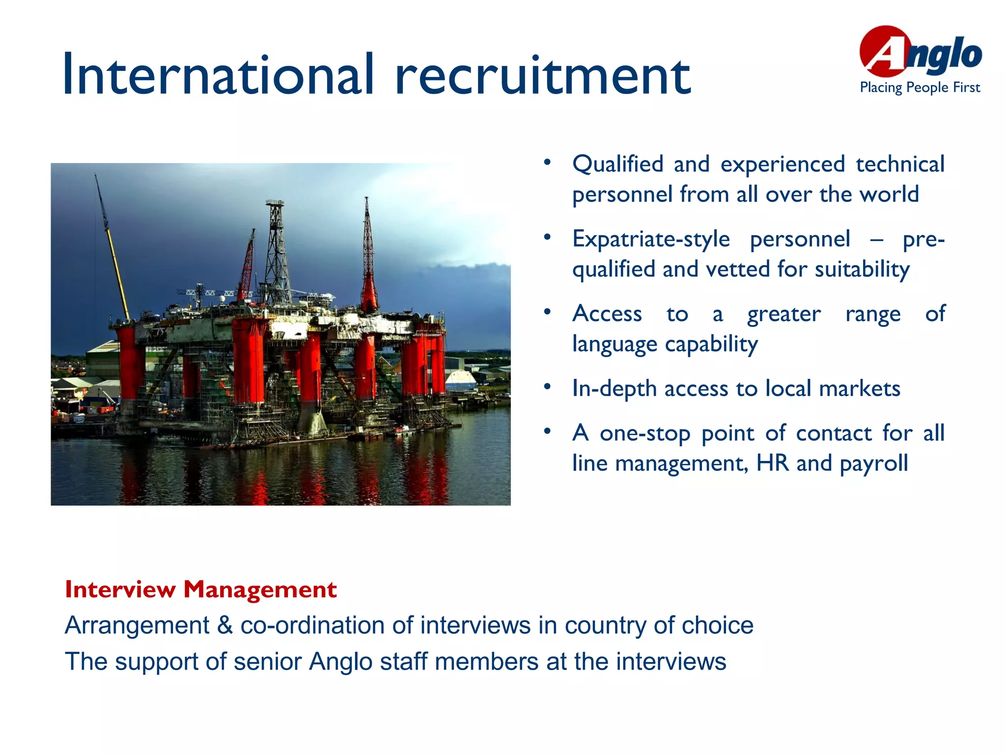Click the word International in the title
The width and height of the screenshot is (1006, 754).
219,75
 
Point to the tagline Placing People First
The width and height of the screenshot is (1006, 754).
920,88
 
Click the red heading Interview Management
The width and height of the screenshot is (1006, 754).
200,589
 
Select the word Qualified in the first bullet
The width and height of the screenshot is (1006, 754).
617,164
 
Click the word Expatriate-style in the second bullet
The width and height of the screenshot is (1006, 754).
651,240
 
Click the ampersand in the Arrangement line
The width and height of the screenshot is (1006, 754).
224,625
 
